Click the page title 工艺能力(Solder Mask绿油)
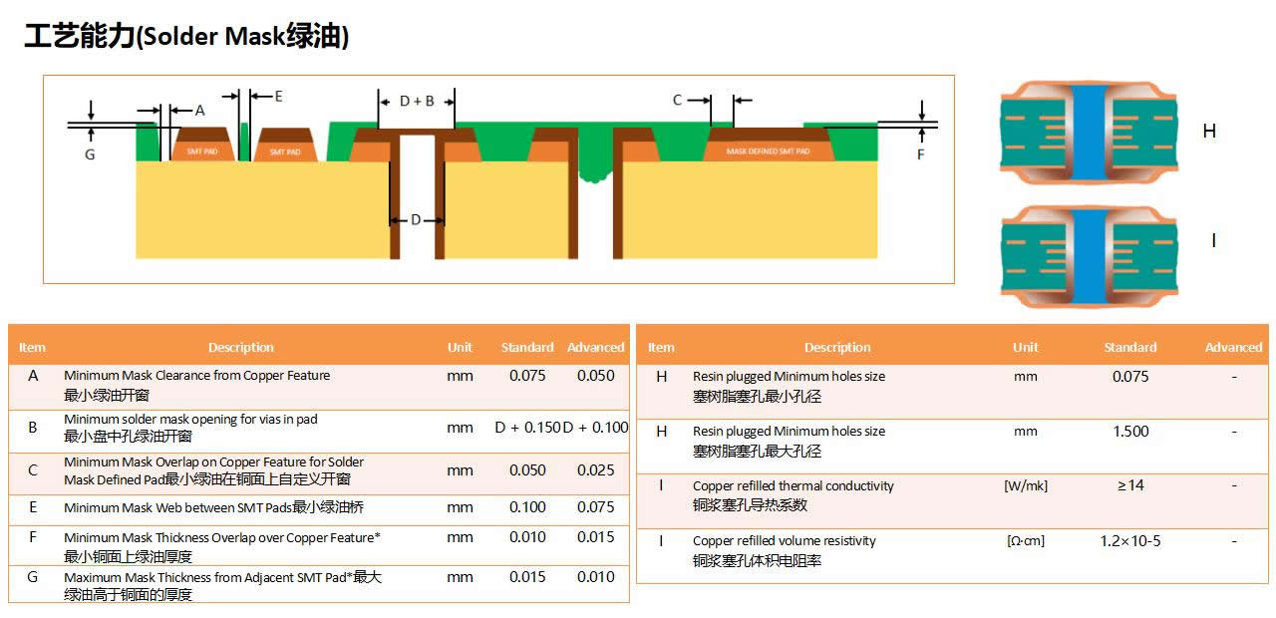[x=186, y=37]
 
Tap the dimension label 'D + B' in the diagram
[x=417, y=101]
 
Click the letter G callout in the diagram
[x=90, y=154]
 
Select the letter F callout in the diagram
[x=920, y=154]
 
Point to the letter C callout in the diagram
[x=678, y=100]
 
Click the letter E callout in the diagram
[x=278, y=97]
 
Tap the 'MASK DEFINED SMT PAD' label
[x=768, y=152]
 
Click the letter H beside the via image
[x=1209, y=132]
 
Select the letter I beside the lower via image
[x=1212, y=241]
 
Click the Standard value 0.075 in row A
[x=528, y=376]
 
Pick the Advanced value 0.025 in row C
[x=595, y=470]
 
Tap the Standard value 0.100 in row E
[x=528, y=507]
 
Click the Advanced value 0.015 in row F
[x=595, y=537]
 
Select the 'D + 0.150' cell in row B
[x=527, y=428]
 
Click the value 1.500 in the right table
[x=1130, y=432]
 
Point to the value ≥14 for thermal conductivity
[x=1130, y=485]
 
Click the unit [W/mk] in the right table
[x=1026, y=485]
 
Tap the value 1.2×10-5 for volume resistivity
[x=1130, y=541]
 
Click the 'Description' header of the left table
[x=240, y=347]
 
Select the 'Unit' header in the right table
[x=1025, y=347]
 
